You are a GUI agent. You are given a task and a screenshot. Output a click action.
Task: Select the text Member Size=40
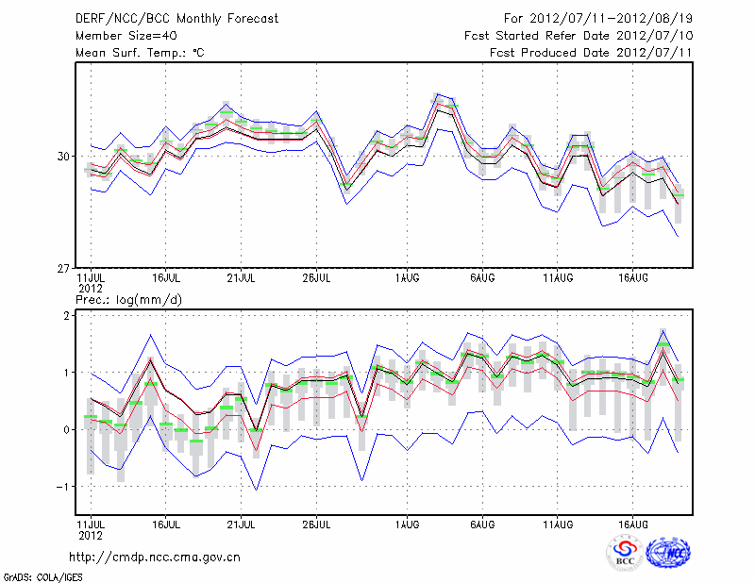(125, 36)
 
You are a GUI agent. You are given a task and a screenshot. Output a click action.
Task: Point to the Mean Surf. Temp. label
(140, 53)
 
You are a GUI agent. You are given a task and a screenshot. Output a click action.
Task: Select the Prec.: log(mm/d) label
(128, 300)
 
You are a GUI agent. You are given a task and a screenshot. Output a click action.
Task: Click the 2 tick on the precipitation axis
(69, 316)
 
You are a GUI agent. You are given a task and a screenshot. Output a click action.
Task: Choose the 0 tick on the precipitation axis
(69, 430)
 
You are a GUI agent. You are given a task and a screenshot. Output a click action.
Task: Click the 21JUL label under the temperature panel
(242, 278)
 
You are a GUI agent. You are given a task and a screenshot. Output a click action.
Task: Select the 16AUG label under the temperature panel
(632, 278)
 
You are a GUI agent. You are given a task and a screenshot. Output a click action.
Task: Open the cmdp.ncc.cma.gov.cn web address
(155, 557)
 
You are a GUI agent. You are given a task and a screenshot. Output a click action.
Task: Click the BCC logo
(624, 553)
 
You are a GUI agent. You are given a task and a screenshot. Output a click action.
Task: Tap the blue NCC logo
(668, 553)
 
